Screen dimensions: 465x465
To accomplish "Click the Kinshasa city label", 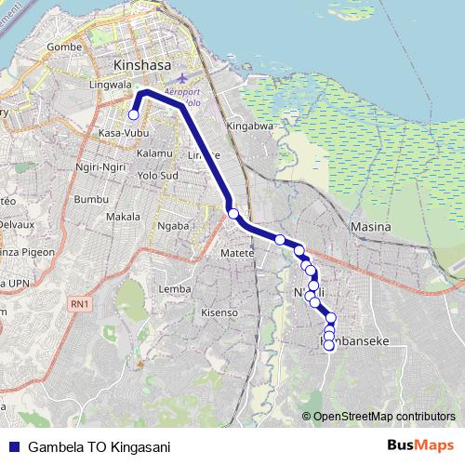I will [x=140, y=66].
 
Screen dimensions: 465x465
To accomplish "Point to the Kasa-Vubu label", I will [x=119, y=134].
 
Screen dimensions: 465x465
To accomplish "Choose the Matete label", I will [x=238, y=252].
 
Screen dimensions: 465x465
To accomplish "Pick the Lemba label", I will [x=176, y=288].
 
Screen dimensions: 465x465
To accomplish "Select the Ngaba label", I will [x=174, y=225].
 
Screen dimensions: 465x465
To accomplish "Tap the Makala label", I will [x=123, y=217].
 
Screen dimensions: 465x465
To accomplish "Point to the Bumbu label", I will [x=91, y=199].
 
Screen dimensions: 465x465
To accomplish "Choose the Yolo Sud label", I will [x=156, y=174].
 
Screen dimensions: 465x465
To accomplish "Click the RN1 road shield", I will [x=79, y=304].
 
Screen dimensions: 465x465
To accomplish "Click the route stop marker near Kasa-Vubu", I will [x=133, y=115].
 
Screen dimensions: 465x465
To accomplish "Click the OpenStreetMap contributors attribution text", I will [x=384, y=416].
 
